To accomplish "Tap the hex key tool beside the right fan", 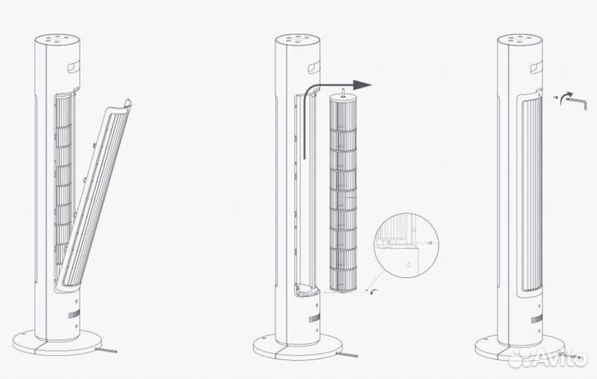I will point(575,100).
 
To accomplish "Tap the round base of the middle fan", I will point(298,344).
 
